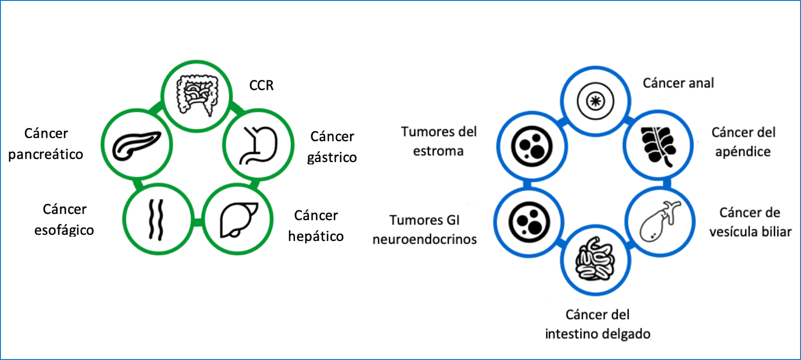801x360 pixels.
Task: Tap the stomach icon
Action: pyautogui.click(x=258, y=145)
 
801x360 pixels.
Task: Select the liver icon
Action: pyautogui.click(x=238, y=220)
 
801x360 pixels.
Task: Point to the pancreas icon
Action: pyautogui.click(x=136, y=146)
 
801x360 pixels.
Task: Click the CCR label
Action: pyautogui.click(x=261, y=86)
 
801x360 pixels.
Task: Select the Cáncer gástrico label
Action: pyautogui.click(x=332, y=147)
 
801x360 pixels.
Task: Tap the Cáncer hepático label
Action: pyautogui.click(x=316, y=226)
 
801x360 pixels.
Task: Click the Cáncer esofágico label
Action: pyautogui.click(x=64, y=220)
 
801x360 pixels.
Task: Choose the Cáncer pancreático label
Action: pyautogui.click(x=46, y=144)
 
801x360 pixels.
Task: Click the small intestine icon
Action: pyautogui.click(x=595, y=259)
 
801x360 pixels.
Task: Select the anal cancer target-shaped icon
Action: pyautogui.click(x=595, y=101)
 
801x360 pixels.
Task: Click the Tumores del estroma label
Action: pyautogui.click(x=439, y=142)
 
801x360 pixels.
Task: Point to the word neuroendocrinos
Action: pyautogui.click(x=425, y=240)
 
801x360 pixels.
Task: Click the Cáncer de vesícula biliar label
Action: pyautogui.click(x=750, y=222)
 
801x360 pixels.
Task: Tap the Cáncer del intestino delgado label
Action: pyautogui.click(x=597, y=325)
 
